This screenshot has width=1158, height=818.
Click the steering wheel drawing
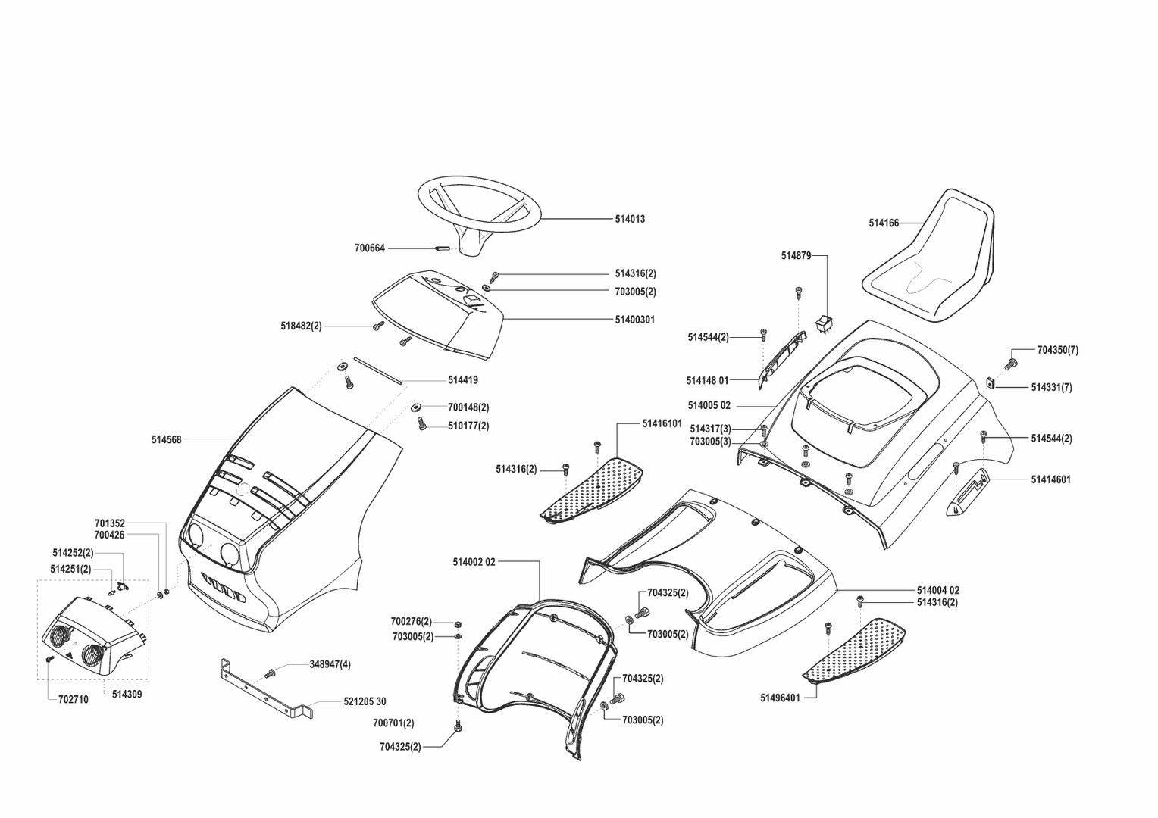coord(479,206)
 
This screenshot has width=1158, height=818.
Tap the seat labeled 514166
coord(931,258)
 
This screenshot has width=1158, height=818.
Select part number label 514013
coord(630,219)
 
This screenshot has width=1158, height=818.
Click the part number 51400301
coord(634,320)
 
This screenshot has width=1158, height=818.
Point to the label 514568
coord(167,439)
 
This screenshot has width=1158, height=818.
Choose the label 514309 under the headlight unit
coord(127,694)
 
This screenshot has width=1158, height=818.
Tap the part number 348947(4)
coord(330,664)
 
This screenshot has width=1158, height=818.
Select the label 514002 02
coord(474,562)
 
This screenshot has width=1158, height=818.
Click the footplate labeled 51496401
coord(856,649)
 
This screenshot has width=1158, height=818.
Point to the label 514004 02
coord(937,590)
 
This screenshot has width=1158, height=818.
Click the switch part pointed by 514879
coord(824,324)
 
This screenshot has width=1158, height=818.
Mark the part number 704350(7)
coord(1057,350)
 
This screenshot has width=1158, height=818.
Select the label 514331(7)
coord(1051,387)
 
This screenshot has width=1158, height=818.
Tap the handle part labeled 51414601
coord(967,493)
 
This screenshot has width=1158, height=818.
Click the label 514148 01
coord(707,380)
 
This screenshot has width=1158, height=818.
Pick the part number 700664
coord(370,248)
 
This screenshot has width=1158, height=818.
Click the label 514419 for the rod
coord(462,380)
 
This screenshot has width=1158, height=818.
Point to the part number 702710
coord(73,699)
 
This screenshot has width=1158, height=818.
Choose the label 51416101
coord(662,423)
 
